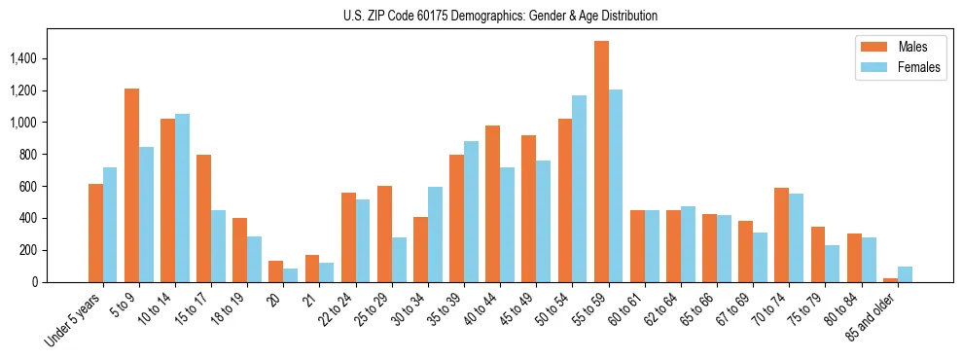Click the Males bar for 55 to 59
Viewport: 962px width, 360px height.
[601, 162]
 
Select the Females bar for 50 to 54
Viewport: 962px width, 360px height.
[580, 189]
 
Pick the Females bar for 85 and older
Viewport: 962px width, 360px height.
[905, 274]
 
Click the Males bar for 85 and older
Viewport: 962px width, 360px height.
[890, 280]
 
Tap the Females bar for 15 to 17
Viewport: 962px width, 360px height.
[218, 246]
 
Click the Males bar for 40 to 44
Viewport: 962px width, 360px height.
[492, 203]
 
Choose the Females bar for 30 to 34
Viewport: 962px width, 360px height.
[435, 234]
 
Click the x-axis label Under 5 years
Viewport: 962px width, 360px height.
[76, 319]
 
